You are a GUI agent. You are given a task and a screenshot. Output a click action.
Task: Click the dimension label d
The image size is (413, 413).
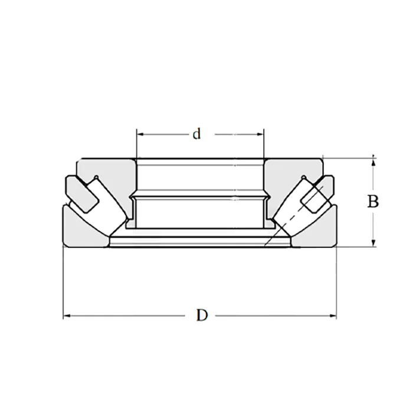coord(196,134)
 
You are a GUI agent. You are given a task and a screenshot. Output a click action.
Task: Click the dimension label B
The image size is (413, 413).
coord(373,202)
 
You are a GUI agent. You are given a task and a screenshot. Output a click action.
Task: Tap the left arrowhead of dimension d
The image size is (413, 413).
coord(140,135)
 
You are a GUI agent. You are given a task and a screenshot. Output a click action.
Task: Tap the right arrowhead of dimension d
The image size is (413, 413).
coord(260,135)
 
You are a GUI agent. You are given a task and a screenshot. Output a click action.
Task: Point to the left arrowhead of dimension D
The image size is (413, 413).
coord(67,316)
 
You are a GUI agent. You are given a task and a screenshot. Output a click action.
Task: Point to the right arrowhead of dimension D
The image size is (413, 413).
coord(333,316)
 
